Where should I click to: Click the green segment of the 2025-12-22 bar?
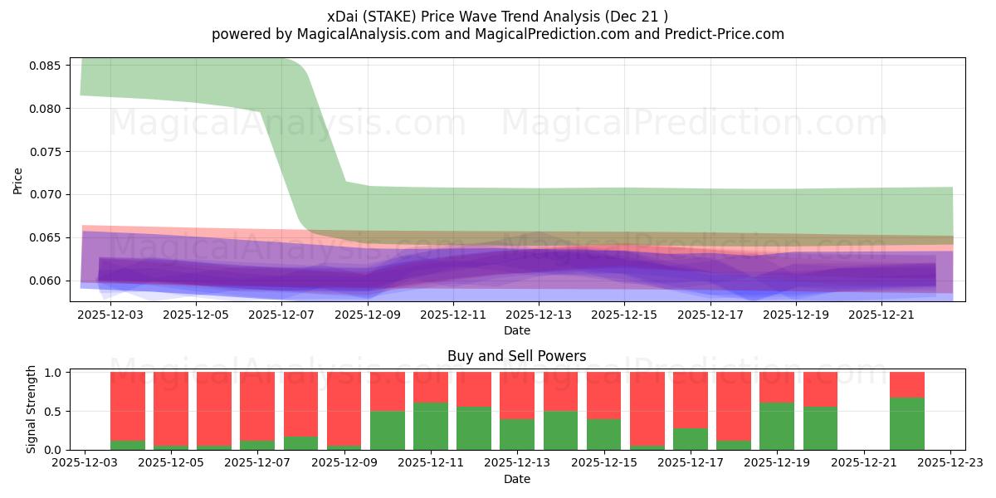click(x=906, y=424)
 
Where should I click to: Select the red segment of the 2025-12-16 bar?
click(x=647, y=408)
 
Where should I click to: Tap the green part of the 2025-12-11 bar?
click(x=431, y=427)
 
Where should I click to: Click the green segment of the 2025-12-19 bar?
click(x=777, y=427)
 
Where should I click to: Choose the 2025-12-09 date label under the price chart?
click(x=368, y=315)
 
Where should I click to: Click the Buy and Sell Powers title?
click(x=516, y=357)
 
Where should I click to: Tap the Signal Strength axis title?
click(x=32, y=409)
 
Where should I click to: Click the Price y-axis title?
click(x=18, y=180)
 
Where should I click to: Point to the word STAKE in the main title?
click(x=383, y=17)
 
